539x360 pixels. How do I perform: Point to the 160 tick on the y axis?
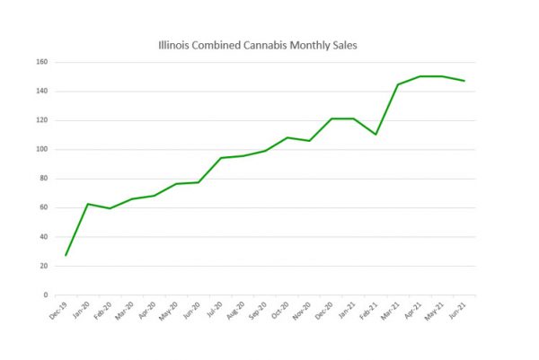[x=42, y=63]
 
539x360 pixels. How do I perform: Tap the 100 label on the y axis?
[x=42, y=150]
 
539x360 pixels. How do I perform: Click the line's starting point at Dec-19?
[x=66, y=256]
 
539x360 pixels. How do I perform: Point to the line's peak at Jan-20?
[x=87, y=204]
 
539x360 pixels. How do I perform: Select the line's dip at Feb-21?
[x=376, y=135]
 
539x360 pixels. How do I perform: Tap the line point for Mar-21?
[x=397, y=84]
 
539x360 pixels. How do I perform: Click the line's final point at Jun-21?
[x=464, y=81]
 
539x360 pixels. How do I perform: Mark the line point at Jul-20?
[x=220, y=158]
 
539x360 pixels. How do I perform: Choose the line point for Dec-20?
[x=331, y=119]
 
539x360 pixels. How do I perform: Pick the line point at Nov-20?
[x=309, y=141]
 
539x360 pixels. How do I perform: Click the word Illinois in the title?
[x=172, y=43]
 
